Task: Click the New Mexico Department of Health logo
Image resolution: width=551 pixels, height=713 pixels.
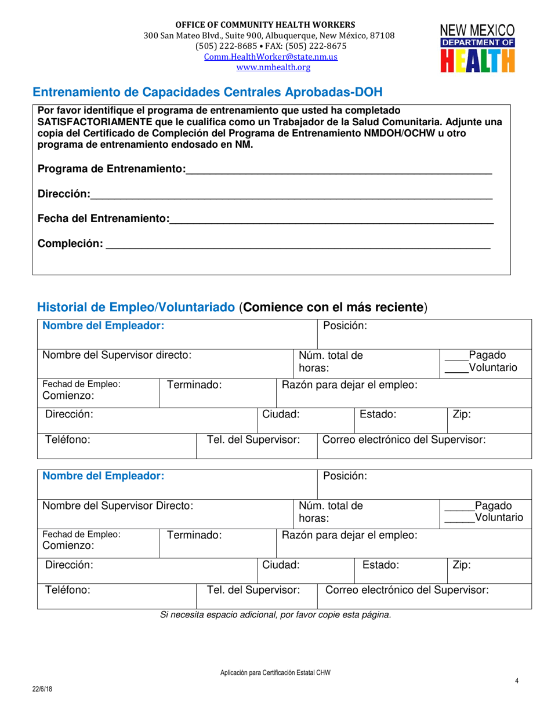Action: (477, 48)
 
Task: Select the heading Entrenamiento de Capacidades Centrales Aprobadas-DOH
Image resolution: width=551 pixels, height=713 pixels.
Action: (208, 92)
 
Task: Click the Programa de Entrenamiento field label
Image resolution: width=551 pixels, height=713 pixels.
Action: (111, 169)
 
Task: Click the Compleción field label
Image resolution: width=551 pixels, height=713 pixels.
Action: (70, 243)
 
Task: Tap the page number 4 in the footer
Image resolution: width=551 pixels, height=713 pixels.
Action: (516, 681)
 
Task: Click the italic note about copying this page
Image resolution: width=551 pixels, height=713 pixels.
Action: (275, 614)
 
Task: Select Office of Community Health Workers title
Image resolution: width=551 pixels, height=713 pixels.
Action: (266, 25)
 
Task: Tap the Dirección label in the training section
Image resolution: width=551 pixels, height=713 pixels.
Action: (64, 194)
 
